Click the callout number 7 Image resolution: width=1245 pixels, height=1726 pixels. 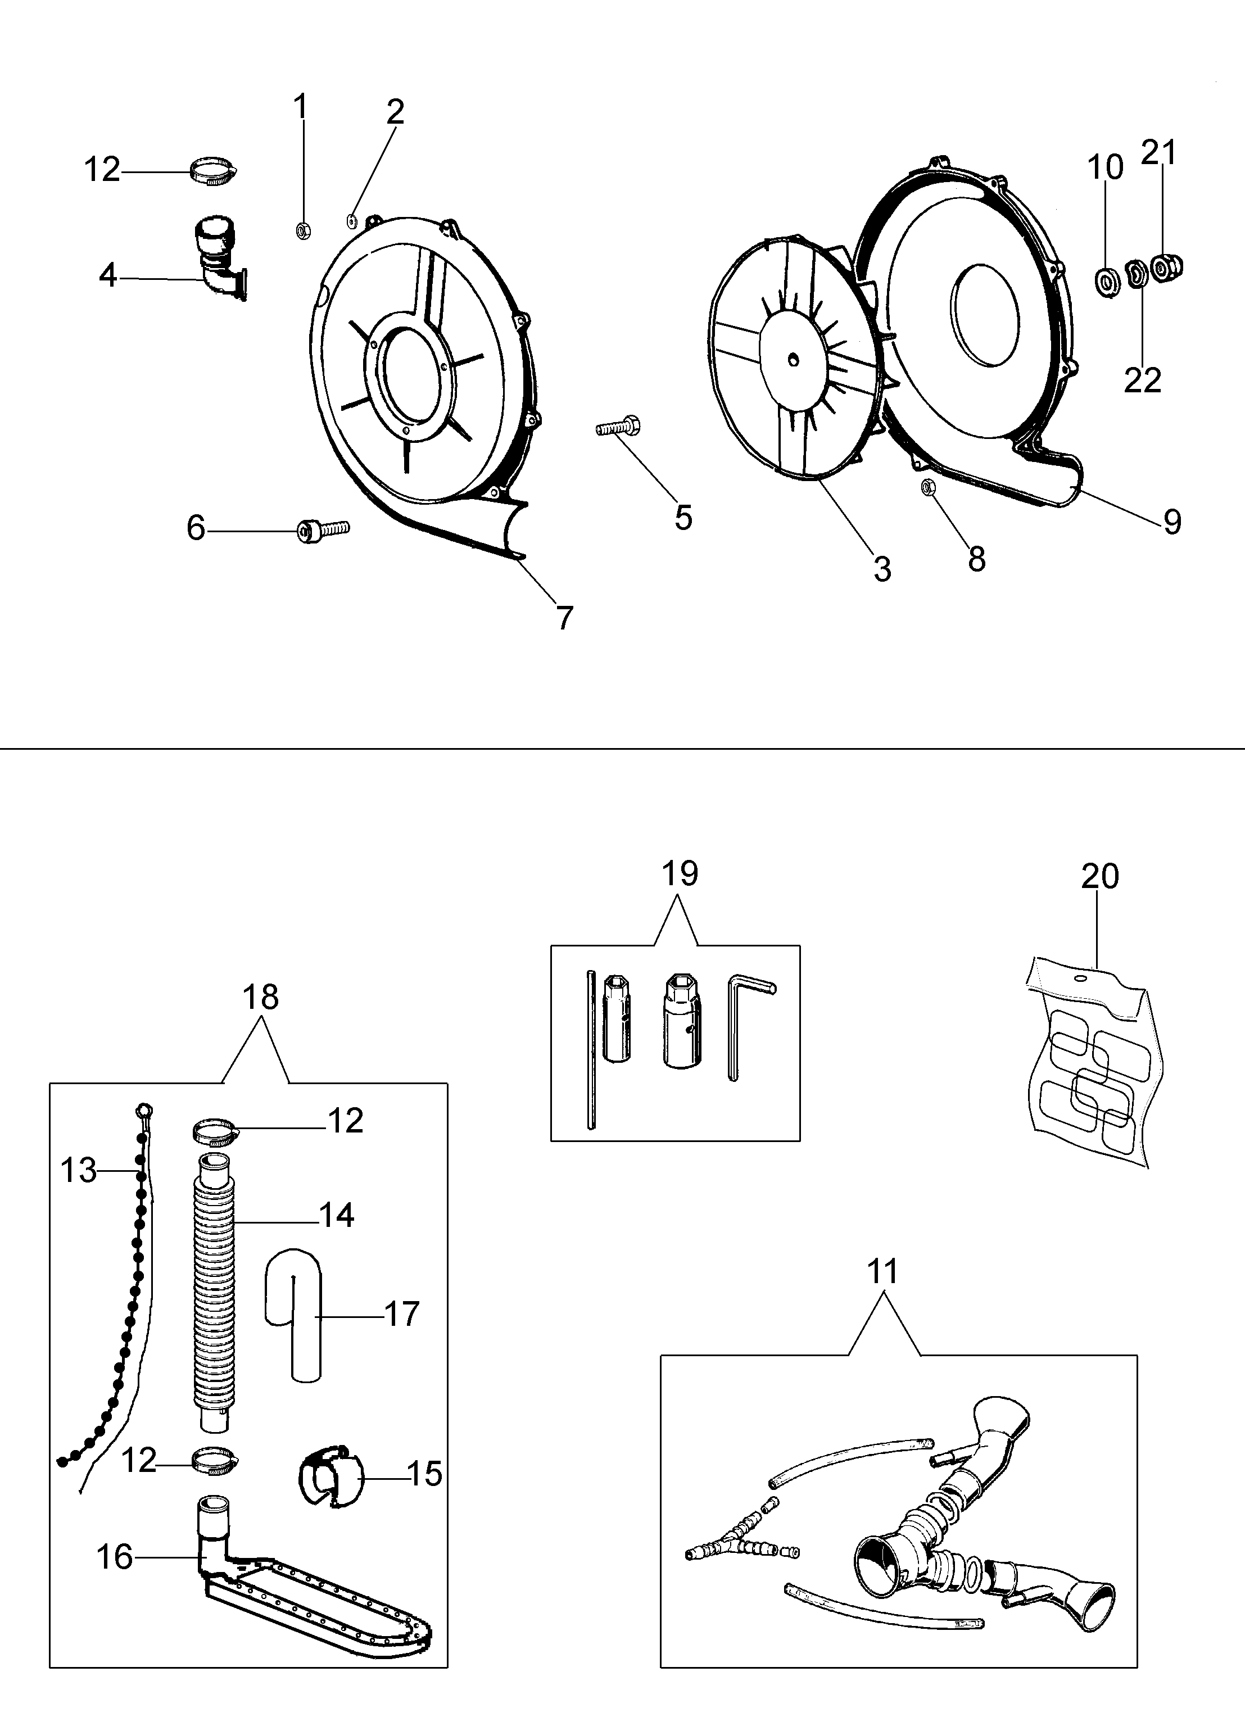click(564, 618)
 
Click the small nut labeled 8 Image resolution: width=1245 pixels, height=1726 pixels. click(927, 487)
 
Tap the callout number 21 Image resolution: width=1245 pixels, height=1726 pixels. click(1159, 152)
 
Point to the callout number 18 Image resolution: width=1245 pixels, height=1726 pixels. click(260, 997)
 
